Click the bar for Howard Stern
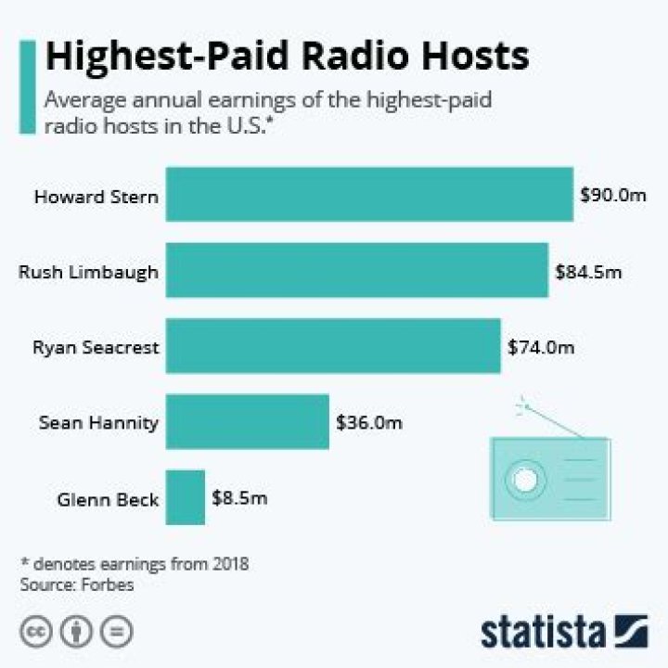(x=369, y=195)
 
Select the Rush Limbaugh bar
(x=356, y=271)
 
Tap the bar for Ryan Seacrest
(x=333, y=347)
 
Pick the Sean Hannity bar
(x=247, y=422)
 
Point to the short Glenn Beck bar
(x=186, y=498)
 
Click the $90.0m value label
(x=611, y=196)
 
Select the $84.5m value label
(x=587, y=272)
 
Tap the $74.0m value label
(x=541, y=348)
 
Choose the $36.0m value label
(x=368, y=423)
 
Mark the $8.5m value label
(x=239, y=499)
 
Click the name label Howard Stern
(x=96, y=197)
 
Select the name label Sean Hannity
(x=99, y=423)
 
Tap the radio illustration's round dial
(x=521, y=480)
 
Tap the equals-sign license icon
(x=115, y=632)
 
